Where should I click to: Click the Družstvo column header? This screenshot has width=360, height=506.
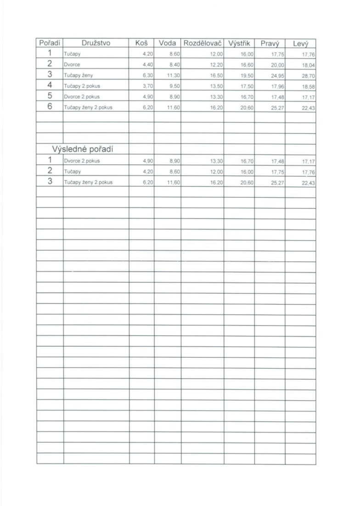[96, 43]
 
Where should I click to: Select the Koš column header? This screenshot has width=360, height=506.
[141, 43]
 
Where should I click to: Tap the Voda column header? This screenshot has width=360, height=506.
[168, 43]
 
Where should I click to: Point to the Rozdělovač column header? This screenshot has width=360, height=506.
[202, 43]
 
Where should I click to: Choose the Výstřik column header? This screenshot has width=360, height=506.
[239, 43]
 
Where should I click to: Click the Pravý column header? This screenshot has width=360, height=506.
[270, 44]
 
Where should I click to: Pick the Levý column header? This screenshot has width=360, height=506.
[300, 44]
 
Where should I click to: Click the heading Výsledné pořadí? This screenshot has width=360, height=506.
[83, 149]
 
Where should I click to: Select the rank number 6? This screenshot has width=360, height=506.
[50, 107]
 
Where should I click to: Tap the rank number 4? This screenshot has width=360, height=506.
[50, 85]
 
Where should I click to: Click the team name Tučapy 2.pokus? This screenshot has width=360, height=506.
[82, 86]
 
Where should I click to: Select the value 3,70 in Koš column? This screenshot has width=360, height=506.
[147, 86]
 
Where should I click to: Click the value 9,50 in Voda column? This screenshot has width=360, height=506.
[173, 86]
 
